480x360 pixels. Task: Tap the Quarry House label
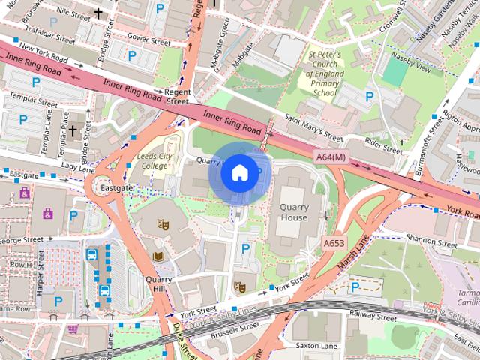(293, 212)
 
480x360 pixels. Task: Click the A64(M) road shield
(330, 157)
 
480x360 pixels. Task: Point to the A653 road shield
(334, 244)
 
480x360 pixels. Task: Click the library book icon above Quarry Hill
(158, 256)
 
